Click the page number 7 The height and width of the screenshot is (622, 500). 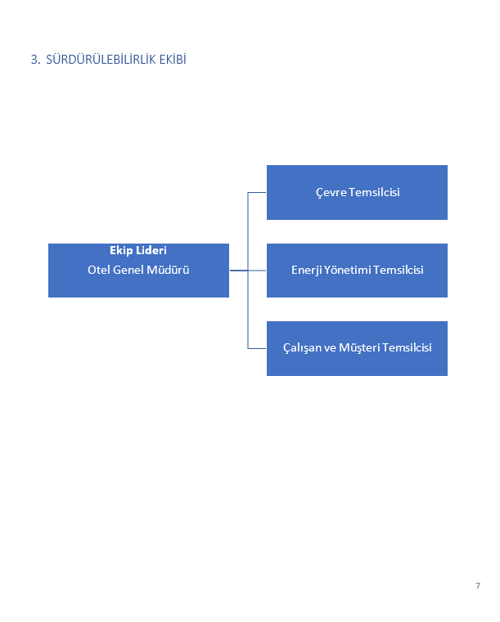tap(478, 585)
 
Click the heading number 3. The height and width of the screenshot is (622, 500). tap(35, 60)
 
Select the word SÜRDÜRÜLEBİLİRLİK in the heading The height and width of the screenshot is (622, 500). tap(101, 59)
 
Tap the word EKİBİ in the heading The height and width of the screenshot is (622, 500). tap(173, 59)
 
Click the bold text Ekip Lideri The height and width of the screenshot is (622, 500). tap(138, 250)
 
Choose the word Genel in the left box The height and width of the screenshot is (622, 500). tap(128, 270)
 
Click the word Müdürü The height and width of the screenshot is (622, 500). tap(168, 270)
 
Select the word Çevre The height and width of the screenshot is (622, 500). tap(331, 192)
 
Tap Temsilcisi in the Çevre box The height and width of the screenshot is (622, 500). tap(375, 192)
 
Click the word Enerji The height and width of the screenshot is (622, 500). tap(307, 271)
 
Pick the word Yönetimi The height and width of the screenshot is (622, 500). tap(348, 270)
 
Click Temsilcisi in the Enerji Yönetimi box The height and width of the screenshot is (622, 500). tap(399, 270)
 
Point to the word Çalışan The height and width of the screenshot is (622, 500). tap(302, 348)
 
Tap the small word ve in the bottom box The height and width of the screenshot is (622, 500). tap(330, 348)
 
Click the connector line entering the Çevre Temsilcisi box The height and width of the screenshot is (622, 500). tap(257, 192)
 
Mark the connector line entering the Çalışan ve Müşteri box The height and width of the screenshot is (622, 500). tap(257, 349)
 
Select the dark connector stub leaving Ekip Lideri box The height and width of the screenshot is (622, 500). tap(239, 271)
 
